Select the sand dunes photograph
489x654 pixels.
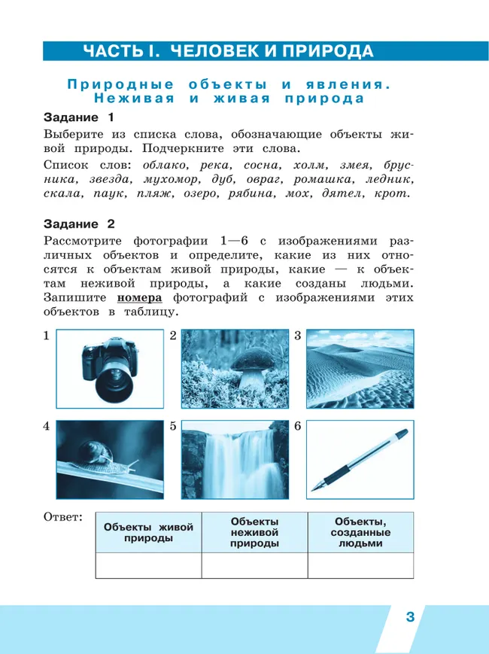pos(360,369)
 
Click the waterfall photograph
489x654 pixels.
pos(235,459)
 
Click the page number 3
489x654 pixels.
pos(410,617)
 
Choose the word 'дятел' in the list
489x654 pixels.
pos(340,193)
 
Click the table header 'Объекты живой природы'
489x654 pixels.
pos(148,532)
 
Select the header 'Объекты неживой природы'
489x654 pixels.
pos(254,532)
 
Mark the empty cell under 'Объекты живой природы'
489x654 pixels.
pos(148,565)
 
